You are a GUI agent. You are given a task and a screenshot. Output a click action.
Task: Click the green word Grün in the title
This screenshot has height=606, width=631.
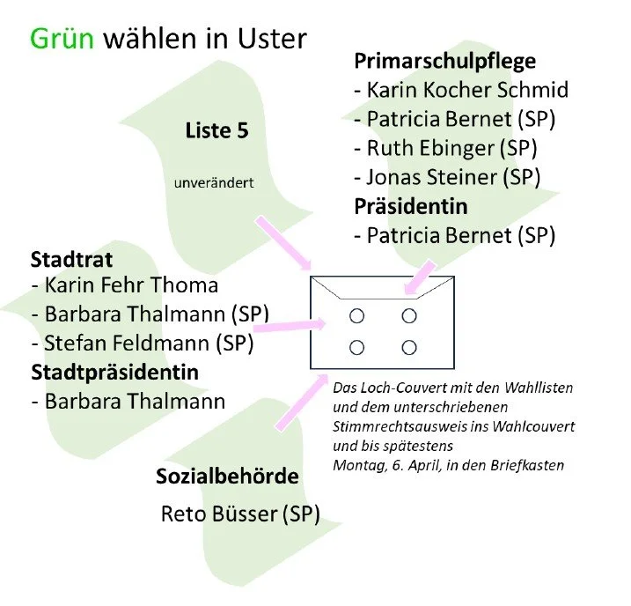pyautogui.click(x=62, y=39)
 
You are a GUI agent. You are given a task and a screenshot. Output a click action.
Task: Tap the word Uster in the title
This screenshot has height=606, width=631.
pyautogui.click(x=272, y=39)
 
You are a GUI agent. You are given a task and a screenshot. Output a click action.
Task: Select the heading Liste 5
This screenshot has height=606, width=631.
pyautogui.click(x=216, y=130)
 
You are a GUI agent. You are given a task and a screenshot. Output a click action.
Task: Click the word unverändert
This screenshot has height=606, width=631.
pyautogui.click(x=214, y=183)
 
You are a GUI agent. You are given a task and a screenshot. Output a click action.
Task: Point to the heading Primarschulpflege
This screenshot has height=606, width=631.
pyautogui.click(x=445, y=62)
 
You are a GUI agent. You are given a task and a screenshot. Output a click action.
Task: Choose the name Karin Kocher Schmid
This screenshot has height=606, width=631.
pyautogui.click(x=467, y=90)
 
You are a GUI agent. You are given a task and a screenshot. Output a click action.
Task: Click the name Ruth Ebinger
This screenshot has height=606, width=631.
pyautogui.click(x=430, y=148)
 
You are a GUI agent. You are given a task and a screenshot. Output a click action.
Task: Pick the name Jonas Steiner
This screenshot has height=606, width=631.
pyautogui.click(x=432, y=177)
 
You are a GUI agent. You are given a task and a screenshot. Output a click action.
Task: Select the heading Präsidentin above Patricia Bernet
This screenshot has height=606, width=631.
pyautogui.click(x=411, y=206)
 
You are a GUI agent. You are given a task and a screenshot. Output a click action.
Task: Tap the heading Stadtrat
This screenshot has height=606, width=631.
pyautogui.click(x=71, y=259)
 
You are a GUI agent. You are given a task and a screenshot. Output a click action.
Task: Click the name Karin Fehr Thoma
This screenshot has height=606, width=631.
pyautogui.click(x=131, y=285)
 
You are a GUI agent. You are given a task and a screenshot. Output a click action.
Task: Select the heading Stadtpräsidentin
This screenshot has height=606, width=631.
pyautogui.click(x=114, y=373)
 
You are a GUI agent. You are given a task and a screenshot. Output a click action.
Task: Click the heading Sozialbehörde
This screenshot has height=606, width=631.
pyautogui.click(x=227, y=477)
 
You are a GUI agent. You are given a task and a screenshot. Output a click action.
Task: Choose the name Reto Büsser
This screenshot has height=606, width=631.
pyautogui.click(x=219, y=514)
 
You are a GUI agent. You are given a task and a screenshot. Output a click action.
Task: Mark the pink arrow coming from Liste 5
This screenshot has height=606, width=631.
pyautogui.click(x=283, y=243)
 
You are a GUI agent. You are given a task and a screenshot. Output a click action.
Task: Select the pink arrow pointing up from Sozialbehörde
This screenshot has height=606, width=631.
pyautogui.click(x=302, y=403)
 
